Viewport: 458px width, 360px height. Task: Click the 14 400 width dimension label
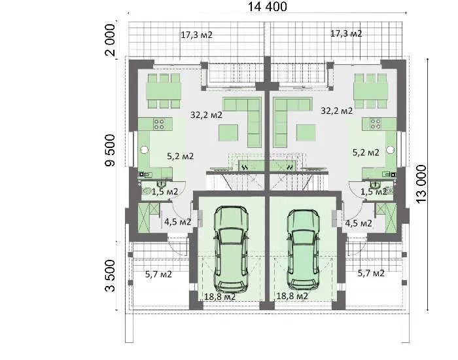pyautogui.click(x=267, y=7)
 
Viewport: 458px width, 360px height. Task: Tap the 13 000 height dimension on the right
pyautogui.click(x=421, y=185)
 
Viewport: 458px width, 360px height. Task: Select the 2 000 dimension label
pyautogui.click(x=111, y=40)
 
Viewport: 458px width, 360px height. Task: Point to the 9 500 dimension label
pyautogui.click(x=110, y=150)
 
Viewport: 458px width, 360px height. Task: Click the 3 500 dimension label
pyautogui.click(x=110, y=276)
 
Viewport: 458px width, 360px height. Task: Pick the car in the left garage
pyautogui.click(x=231, y=250)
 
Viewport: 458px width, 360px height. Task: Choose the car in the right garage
pyautogui.click(x=303, y=250)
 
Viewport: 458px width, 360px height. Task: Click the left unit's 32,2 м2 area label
pyautogui.click(x=206, y=115)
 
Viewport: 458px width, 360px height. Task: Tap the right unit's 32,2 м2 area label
pyautogui.click(x=336, y=111)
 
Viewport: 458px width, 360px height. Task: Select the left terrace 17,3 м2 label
pyautogui.click(x=196, y=35)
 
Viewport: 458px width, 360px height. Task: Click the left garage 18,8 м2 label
pyautogui.click(x=220, y=297)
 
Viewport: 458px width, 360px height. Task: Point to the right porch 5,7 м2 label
pyautogui.click(x=371, y=273)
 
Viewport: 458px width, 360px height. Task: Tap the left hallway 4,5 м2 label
pyautogui.click(x=177, y=222)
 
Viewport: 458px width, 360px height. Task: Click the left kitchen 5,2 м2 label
pyautogui.click(x=180, y=156)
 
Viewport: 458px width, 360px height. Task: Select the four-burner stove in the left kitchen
pyautogui.click(x=159, y=124)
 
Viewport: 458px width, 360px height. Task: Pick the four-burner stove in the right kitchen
pyautogui.click(x=376, y=124)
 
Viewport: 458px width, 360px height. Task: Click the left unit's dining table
pyautogui.click(x=164, y=91)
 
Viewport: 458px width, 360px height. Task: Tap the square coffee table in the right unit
pyautogui.click(x=306, y=133)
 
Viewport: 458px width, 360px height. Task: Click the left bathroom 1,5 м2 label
pyautogui.click(x=165, y=192)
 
